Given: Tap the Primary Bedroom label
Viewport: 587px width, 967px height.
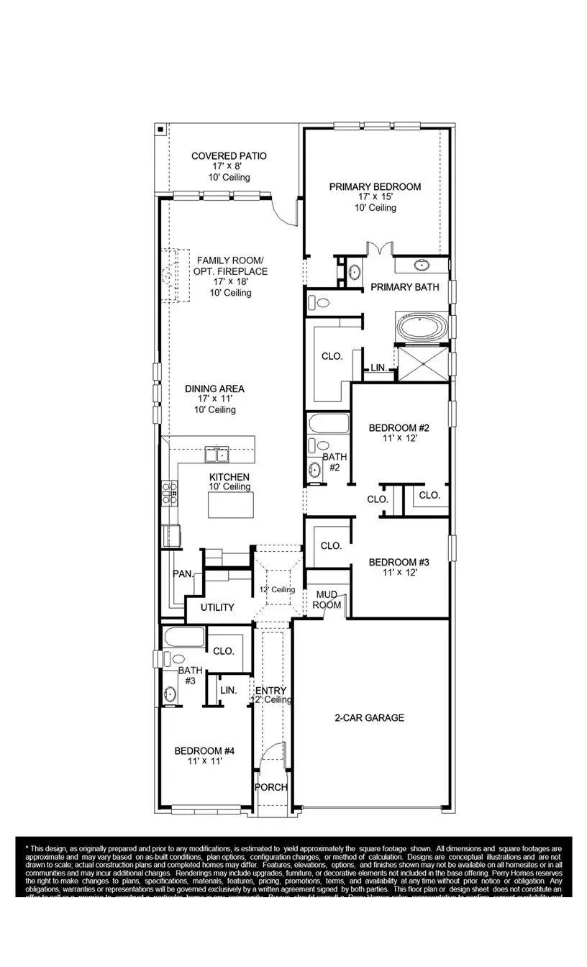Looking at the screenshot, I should (x=375, y=187).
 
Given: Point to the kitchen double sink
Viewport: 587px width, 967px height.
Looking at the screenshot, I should (x=217, y=454).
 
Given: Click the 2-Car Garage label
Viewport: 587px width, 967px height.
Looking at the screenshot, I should (x=369, y=717).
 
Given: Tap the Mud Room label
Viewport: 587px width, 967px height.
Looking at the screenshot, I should (x=327, y=600).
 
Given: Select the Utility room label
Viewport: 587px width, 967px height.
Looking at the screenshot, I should (x=217, y=607).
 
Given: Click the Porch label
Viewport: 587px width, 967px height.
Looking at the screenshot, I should (x=272, y=787).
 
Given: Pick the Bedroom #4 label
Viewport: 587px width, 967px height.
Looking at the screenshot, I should (x=205, y=751).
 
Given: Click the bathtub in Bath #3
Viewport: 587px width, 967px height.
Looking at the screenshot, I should (x=183, y=637).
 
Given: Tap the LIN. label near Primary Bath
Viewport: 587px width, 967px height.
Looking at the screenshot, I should (x=379, y=368).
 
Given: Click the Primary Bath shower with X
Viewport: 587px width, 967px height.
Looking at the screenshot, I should (x=422, y=364).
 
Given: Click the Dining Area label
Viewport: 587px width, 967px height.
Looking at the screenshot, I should (x=205, y=389).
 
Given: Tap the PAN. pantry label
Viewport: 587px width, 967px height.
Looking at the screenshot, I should (x=183, y=573).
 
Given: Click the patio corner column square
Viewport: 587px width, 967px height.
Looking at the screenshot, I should (x=161, y=130).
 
